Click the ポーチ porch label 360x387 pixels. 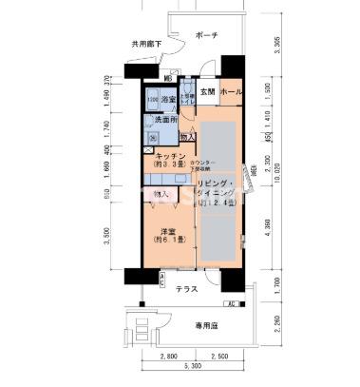pos(206,35)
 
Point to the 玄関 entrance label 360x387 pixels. pos(207,92)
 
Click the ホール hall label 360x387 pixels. pos(230,92)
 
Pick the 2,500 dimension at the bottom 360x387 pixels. pos(219,356)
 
